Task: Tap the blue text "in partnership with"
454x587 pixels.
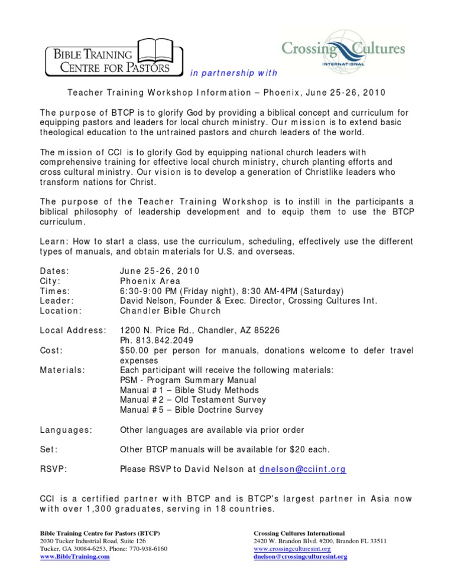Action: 233,74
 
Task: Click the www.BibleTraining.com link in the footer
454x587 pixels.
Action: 76,556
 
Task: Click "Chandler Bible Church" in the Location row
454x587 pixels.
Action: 170,311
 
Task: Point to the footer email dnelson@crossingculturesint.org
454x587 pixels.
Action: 300,556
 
